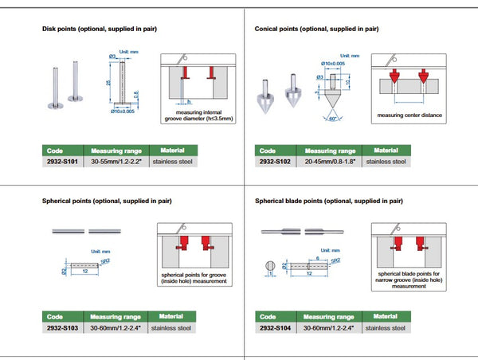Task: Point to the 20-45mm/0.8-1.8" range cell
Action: (x=330, y=162)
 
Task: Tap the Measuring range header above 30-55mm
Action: (x=117, y=150)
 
